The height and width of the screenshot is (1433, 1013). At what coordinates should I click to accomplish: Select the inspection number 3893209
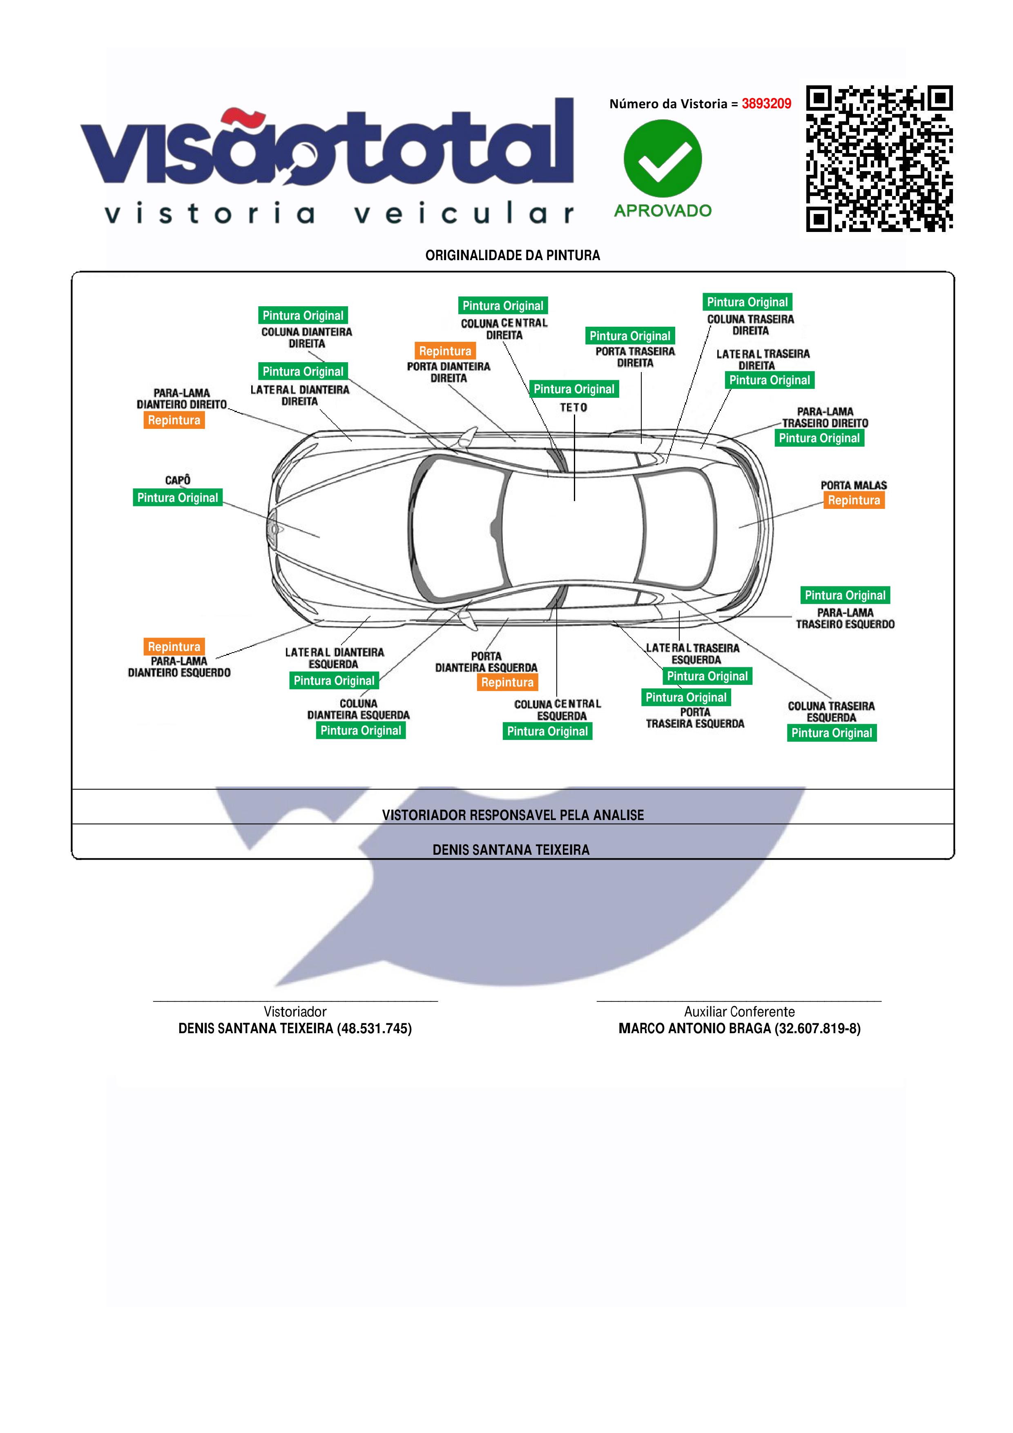[766, 104]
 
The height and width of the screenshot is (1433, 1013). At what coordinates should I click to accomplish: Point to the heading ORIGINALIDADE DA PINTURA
[513, 255]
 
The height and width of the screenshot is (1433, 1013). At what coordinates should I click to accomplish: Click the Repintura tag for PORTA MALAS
[853, 500]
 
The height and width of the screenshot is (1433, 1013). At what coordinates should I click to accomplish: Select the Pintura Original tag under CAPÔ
[177, 497]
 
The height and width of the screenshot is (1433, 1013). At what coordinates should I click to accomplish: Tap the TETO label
[573, 408]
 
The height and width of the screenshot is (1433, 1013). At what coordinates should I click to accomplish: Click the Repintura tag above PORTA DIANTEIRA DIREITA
[445, 351]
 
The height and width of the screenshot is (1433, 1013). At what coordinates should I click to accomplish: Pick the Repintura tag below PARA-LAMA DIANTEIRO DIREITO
[174, 420]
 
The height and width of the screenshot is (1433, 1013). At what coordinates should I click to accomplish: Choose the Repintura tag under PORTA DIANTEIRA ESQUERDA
[507, 682]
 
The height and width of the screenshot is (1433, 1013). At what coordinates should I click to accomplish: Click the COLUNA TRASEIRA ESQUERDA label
[831, 711]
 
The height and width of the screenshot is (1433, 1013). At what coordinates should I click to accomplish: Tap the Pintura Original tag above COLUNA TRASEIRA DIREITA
[747, 302]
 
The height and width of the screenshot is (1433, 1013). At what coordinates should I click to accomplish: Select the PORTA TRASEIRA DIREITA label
[635, 357]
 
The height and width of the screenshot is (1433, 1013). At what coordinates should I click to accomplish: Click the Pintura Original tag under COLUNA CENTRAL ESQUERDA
[547, 731]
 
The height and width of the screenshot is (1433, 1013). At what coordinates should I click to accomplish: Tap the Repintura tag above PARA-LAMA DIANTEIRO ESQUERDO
[174, 646]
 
